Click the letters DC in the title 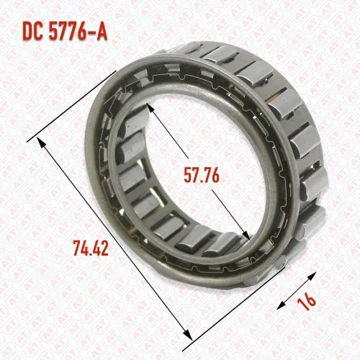pyautogui.click(x=32, y=32)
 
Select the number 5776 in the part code pyautogui.click(x=68, y=32)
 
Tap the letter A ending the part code pyautogui.click(x=102, y=32)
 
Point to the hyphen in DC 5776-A pyautogui.click(x=91, y=32)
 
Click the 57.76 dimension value pyautogui.click(x=202, y=176)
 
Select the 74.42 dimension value pyautogui.click(x=91, y=248)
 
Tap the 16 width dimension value pyautogui.click(x=306, y=301)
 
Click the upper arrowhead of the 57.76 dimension pyautogui.click(x=150, y=109)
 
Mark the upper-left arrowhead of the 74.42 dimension pyautogui.click(x=41, y=142)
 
